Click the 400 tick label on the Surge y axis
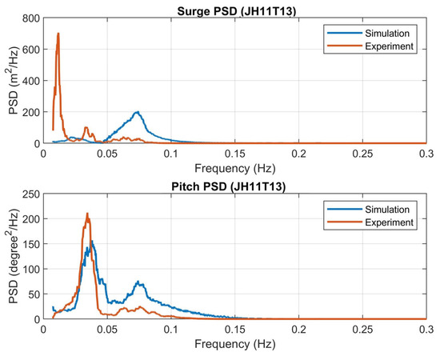click(x=36, y=81)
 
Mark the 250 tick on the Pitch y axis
click(x=36, y=194)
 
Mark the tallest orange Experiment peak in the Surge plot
click(x=58, y=34)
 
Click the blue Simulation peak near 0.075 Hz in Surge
click(x=138, y=112)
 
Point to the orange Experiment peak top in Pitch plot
click(x=87, y=214)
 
